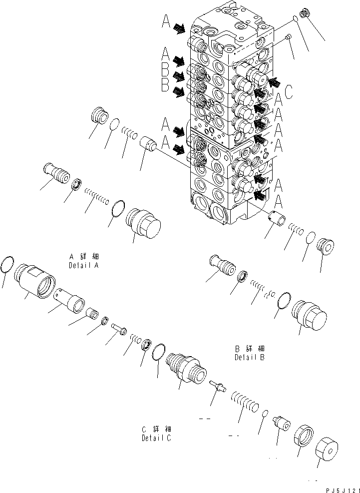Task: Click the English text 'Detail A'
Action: coord(83,266)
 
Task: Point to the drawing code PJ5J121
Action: coord(338,488)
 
